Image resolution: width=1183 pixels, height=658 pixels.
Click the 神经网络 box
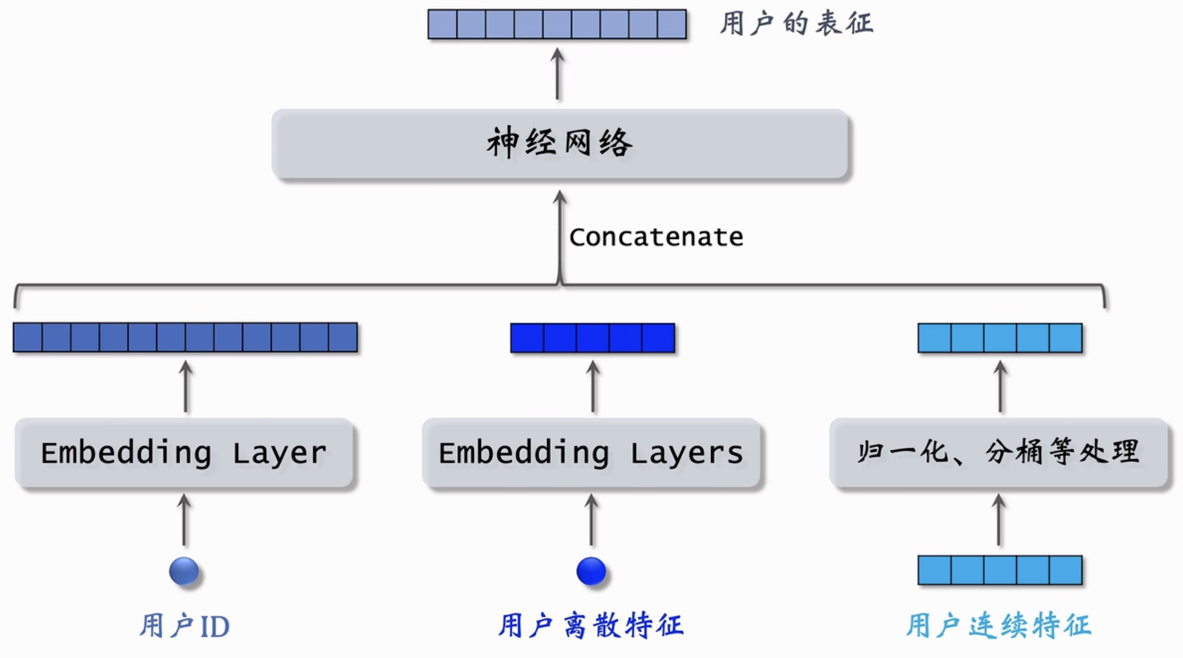(x=559, y=143)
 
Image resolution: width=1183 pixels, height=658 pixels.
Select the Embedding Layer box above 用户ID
(x=184, y=452)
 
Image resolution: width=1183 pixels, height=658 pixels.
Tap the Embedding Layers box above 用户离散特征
(x=591, y=452)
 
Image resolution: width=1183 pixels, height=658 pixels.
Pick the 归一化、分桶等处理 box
(x=998, y=452)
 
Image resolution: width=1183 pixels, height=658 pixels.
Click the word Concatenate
(x=656, y=237)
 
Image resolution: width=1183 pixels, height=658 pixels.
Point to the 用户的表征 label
(x=796, y=24)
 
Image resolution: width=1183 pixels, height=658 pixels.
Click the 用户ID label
(x=185, y=626)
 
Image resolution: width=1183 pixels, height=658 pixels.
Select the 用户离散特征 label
(x=591, y=626)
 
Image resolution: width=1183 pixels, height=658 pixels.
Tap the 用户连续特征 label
(x=998, y=626)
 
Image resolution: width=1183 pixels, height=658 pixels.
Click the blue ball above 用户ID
(x=184, y=571)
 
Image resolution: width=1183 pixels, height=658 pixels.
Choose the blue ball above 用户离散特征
(x=591, y=571)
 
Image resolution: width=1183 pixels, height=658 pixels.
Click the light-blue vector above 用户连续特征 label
(x=1000, y=570)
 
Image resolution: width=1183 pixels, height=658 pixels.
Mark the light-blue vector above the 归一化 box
(x=1000, y=338)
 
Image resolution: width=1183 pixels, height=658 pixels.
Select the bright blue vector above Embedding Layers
(x=593, y=338)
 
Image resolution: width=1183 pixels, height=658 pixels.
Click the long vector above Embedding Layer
(x=185, y=337)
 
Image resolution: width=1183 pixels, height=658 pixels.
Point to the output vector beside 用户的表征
(x=557, y=24)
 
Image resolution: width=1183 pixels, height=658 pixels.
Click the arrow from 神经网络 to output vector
(x=557, y=74)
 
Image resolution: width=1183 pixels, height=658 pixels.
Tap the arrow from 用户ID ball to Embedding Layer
(x=185, y=520)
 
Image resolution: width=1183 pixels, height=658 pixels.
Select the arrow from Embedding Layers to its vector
(x=593, y=386)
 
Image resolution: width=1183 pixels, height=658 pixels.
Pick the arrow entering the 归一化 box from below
(x=998, y=520)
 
